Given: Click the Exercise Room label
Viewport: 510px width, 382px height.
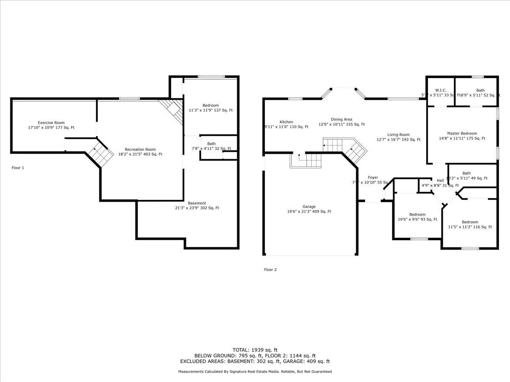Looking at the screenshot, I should (51, 123).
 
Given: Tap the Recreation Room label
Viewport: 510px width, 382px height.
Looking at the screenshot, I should (140, 149).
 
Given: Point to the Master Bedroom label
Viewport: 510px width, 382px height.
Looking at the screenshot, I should (462, 133).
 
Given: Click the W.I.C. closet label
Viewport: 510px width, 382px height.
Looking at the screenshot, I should (440, 90).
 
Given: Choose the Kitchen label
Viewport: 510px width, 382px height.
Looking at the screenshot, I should (286, 122).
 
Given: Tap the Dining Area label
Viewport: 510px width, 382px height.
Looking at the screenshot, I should (342, 120).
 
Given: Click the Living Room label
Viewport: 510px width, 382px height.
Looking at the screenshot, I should (398, 135).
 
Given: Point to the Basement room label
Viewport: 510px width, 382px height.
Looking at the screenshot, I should (197, 203).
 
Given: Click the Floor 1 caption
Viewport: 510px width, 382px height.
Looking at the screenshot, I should (18, 168).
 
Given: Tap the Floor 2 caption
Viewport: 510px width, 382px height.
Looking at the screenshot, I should (270, 270).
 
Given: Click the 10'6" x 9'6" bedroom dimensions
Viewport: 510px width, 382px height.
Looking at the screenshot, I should (417, 219).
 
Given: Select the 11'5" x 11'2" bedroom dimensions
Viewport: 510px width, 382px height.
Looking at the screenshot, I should (470, 227).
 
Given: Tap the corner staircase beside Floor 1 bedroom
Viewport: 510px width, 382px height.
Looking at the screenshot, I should (172, 110).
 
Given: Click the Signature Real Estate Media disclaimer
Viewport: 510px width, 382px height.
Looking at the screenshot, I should (255, 371).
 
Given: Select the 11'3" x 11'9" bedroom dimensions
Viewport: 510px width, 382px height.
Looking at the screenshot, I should (210, 110).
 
